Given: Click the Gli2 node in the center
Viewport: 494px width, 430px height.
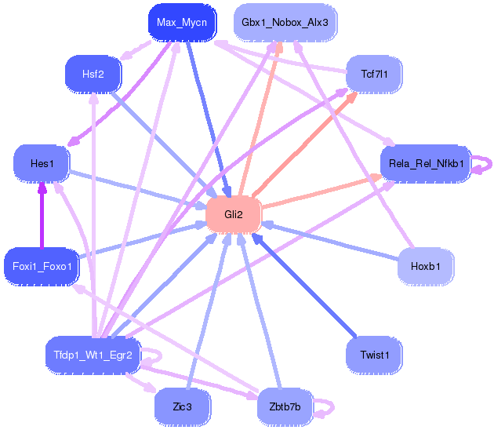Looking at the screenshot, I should click(x=233, y=214).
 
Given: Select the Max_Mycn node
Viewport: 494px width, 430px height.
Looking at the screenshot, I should click(x=181, y=22).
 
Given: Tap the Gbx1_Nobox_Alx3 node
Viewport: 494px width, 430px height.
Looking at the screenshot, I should click(x=285, y=22).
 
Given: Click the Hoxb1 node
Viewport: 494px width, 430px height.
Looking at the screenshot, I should click(x=425, y=266).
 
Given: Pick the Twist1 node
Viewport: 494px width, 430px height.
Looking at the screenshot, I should click(x=375, y=355).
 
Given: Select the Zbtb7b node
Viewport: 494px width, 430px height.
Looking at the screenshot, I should click(x=284, y=406).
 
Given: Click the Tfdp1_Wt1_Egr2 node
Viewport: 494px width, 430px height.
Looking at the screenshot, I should click(x=93, y=355).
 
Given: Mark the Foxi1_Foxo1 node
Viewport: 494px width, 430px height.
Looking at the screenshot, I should click(x=42, y=266).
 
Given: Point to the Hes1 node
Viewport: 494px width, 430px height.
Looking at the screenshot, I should click(x=42, y=164).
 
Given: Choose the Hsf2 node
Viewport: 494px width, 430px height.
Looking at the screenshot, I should click(x=93, y=74).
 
